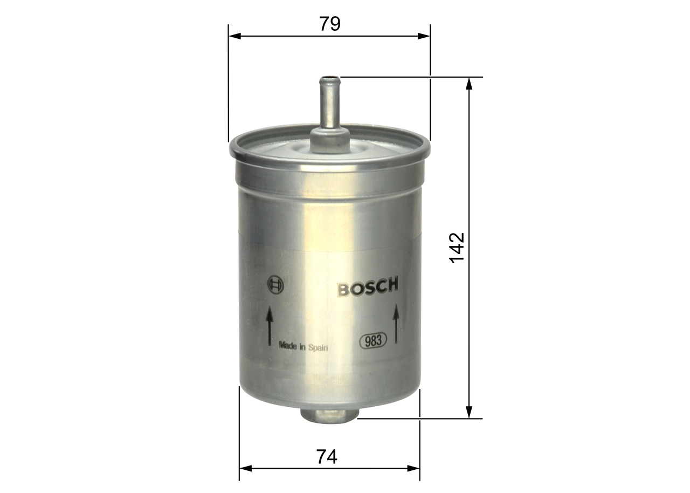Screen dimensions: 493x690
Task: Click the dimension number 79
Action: click(x=329, y=24)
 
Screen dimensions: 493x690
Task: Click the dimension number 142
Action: click(x=457, y=248)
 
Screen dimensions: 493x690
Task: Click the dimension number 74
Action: click(x=327, y=457)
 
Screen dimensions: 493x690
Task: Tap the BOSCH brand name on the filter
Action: click(x=368, y=287)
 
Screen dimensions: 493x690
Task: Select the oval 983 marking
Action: click(x=374, y=341)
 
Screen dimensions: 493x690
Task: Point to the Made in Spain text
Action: click(x=303, y=348)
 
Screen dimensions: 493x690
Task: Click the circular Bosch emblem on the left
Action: click(x=275, y=285)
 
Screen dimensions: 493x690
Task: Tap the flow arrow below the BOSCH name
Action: click(x=396, y=323)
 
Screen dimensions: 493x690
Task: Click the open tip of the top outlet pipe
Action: click(x=329, y=80)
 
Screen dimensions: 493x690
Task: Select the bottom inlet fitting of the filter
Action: click(x=329, y=414)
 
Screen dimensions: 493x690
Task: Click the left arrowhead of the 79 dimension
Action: click(x=233, y=36)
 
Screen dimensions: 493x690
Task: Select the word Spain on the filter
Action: click(x=318, y=348)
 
